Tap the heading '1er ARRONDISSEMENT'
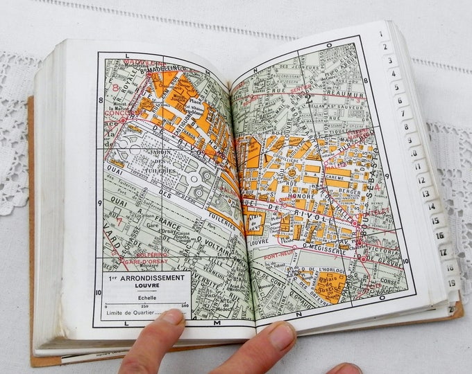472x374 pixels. (147, 277)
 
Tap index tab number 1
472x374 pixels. (380, 33)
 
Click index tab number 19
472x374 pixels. (451, 282)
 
